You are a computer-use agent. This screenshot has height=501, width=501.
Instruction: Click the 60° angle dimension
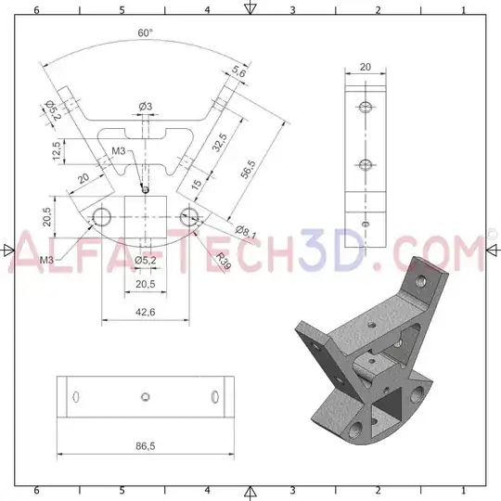click(145, 32)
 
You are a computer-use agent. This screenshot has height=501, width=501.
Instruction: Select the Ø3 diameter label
click(146, 107)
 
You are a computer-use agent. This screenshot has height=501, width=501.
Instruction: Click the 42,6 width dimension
click(145, 312)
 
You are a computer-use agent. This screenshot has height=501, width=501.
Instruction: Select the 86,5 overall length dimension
click(145, 446)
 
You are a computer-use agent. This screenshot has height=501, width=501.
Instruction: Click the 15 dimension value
click(197, 184)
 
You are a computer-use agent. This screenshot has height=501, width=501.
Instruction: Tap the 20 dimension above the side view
click(365, 67)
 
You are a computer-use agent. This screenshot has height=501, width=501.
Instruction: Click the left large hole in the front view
click(101, 218)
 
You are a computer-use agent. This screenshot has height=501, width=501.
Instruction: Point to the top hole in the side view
click(366, 107)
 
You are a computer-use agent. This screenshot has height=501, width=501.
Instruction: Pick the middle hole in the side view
click(366, 165)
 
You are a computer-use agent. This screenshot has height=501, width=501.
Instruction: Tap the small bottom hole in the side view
click(366, 224)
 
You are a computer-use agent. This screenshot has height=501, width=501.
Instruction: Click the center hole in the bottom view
click(146, 397)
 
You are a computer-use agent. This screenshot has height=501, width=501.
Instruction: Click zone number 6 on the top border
click(35, 9)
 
